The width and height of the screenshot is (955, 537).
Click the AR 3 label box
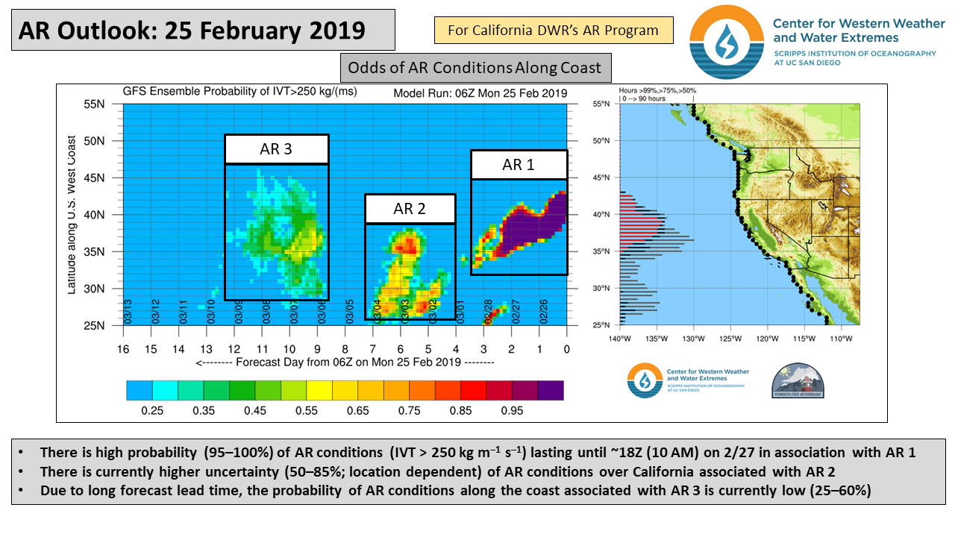click(x=276, y=149)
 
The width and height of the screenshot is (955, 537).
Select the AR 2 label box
click(x=410, y=209)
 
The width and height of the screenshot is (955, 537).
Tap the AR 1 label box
click(x=519, y=165)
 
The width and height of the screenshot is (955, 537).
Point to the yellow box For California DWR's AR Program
click(x=553, y=31)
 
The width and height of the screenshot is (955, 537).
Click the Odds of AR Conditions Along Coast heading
click(x=475, y=68)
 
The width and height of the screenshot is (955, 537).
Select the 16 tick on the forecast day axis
click(x=123, y=349)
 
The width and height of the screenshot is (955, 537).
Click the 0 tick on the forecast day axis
click(x=566, y=349)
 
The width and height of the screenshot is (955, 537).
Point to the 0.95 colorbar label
click(x=512, y=410)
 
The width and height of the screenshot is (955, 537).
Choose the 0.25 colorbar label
click(x=152, y=410)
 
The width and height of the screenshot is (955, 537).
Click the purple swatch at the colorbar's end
click(x=551, y=390)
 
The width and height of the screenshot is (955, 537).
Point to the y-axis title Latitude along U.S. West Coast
click(x=72, y=215)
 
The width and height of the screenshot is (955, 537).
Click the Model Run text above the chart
click(x=480, y=94)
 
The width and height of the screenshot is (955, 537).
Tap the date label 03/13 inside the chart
click(x=128, y=310)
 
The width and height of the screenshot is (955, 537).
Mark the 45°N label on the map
click(x=608, y=178)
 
